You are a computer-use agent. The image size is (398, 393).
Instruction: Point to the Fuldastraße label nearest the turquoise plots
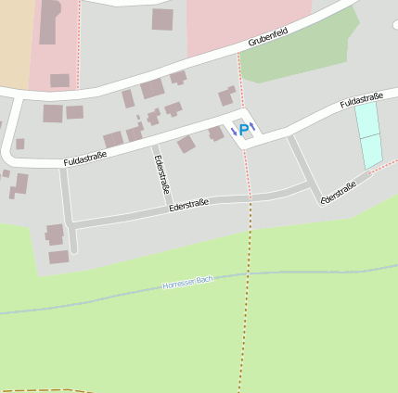pos(362,100)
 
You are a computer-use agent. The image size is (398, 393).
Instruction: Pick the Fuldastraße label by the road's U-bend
pos(84,158)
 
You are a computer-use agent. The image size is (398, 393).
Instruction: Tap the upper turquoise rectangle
pos(367,120)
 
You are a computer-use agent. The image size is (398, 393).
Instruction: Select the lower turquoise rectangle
pos(371,151)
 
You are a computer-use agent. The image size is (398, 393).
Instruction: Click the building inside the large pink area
pos(162,19)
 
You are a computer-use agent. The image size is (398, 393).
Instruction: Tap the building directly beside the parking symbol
pos(217,133)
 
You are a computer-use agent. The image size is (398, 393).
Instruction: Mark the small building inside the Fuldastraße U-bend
pos(19,144)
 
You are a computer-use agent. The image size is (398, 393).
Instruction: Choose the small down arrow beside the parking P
pos(233,133)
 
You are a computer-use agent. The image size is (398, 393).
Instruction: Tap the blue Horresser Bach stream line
pos(93,298)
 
